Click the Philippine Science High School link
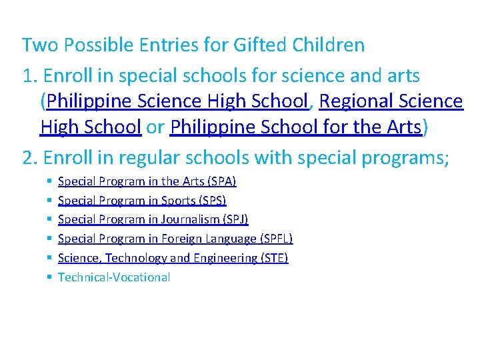178,101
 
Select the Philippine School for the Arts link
295,127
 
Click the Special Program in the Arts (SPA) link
147,181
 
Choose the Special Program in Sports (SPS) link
142,201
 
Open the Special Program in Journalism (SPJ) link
153,219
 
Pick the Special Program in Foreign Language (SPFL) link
175,239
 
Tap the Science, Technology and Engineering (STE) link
173,258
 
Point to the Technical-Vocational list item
114,277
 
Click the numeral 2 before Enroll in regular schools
27,159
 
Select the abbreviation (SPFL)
275,239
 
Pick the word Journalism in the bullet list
185,219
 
